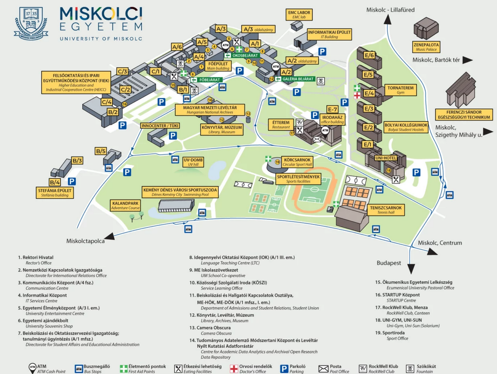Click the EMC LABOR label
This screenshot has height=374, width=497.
(299, 14)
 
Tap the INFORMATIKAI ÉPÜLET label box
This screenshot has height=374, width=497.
(329, 35)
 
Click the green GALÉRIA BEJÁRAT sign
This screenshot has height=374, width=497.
(295, 79)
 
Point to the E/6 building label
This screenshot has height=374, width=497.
(369, 55)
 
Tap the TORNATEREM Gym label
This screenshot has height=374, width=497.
(399, 90)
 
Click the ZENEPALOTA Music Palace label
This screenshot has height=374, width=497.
(426, 47)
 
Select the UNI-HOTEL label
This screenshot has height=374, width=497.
(385, 158)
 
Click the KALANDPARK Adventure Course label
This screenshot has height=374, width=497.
(126, 205)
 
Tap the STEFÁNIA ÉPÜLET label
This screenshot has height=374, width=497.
(55, 193)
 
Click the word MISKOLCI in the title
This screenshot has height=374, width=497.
(101, 14)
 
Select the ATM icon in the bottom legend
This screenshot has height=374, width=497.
(32, 368)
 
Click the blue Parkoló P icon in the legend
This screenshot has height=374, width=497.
(284, 368)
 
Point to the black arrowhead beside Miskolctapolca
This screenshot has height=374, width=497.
(110, 236)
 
